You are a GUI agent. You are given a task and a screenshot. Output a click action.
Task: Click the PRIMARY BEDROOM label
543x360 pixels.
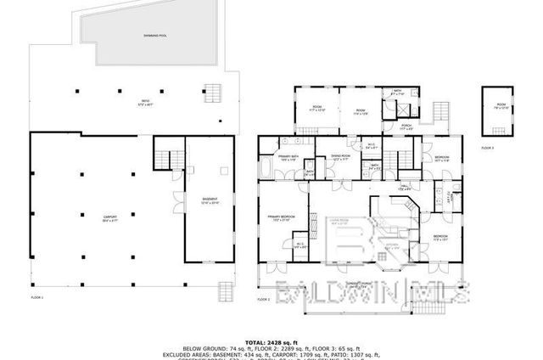[281, 218]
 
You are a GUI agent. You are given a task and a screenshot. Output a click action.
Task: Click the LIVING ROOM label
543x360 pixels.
[340, 220]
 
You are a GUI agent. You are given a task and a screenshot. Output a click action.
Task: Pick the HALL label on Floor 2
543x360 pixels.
[406, 188]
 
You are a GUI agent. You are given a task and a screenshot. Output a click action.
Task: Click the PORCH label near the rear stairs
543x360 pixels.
[404, 129]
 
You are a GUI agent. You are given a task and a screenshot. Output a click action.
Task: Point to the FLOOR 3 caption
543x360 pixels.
[487, 148]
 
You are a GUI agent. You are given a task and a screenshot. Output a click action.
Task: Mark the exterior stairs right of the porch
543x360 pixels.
[440, 112]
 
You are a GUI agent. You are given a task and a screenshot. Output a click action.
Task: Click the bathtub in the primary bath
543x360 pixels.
[266, 166]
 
